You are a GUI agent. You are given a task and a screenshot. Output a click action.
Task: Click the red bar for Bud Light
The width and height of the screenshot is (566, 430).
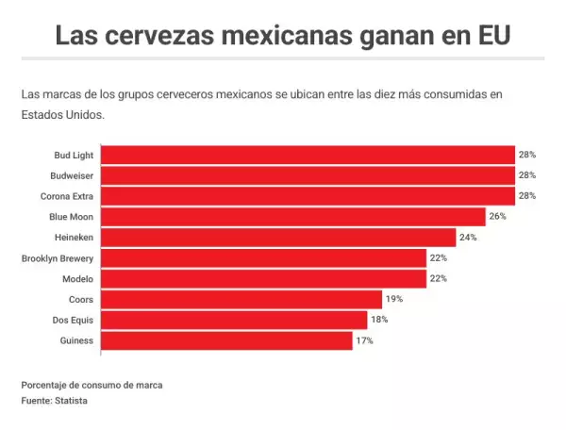307,155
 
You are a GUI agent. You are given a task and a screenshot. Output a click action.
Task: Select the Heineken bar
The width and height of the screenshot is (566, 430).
278,238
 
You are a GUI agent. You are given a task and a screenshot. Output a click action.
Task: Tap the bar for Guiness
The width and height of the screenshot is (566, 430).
226,340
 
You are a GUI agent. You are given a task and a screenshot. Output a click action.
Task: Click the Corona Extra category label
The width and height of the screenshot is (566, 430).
68,196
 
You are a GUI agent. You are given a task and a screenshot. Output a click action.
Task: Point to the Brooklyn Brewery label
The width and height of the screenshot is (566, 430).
57,258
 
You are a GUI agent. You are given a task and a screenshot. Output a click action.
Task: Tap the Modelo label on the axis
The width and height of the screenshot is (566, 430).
77,279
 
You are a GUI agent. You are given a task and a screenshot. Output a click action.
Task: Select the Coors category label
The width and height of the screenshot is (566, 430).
80,299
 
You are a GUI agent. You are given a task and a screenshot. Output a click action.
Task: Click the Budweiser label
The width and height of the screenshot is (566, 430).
72,175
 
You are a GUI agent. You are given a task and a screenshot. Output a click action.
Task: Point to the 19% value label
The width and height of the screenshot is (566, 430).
393,299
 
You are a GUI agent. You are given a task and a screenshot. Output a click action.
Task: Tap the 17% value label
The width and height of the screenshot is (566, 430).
364,340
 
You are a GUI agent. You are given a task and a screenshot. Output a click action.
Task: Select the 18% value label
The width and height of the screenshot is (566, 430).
378,320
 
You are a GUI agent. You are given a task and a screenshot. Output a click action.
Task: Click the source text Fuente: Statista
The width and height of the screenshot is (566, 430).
54,400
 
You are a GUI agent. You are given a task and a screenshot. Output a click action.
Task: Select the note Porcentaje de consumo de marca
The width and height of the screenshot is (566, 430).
85,385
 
